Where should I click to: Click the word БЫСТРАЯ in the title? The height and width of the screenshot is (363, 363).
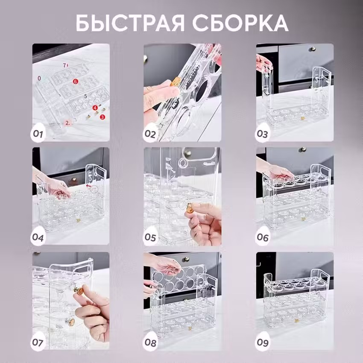coord(130,23)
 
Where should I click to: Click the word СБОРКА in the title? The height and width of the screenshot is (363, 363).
coord(240,23)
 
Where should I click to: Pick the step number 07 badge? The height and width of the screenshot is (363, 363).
coord(38,342)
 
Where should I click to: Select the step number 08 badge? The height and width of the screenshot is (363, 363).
coord(150,342)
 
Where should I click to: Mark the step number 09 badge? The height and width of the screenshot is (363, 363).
coord(263,342)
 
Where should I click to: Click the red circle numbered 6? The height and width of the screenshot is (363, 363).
coord(75,81)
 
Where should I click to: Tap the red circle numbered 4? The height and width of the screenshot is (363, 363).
coord(95,108)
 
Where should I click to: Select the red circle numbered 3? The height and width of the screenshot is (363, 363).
coord(102,117)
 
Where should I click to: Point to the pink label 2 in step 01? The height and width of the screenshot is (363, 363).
coord(67,123)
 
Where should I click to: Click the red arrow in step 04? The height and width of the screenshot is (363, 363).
coord(89,185)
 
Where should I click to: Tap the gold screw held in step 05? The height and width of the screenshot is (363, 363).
coord(190,208)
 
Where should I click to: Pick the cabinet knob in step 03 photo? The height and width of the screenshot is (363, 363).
coord(313,49)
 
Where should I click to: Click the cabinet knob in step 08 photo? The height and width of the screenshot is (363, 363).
coord(186,259)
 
